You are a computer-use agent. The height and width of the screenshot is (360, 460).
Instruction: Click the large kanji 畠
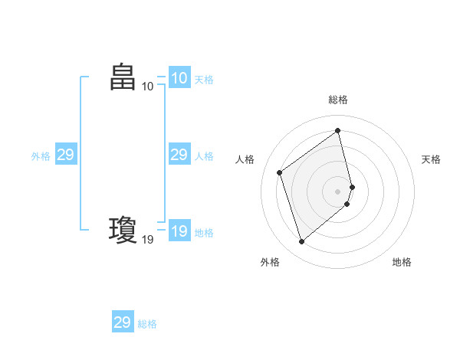point(123,77)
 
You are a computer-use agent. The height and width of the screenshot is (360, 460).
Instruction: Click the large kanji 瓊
point(123,229)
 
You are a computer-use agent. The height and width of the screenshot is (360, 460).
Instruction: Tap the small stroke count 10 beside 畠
point(147,87)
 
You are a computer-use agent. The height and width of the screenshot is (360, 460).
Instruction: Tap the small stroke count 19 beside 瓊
point(147,239)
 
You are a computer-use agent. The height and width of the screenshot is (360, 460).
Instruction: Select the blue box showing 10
point(179,78)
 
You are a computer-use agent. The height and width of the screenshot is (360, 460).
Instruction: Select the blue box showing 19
point(179,231)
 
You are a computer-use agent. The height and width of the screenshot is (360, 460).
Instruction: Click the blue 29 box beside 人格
point(179,155)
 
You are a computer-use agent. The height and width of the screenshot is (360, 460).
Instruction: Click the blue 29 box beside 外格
point(66,155)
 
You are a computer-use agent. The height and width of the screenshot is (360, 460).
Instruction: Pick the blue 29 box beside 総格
point(123,322)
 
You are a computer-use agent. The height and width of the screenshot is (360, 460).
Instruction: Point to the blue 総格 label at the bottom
point(147,324)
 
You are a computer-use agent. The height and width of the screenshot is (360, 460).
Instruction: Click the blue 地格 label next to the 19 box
point(204,233)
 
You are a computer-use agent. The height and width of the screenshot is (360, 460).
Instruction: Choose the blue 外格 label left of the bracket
point(41,156)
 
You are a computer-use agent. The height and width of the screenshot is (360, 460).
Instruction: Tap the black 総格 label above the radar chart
point(338,100)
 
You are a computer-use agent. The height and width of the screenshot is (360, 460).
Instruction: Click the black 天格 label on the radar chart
point(431,159)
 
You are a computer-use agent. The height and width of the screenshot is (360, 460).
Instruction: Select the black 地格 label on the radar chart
point(402,263)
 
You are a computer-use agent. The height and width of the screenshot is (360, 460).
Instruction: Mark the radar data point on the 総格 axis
point(338,130)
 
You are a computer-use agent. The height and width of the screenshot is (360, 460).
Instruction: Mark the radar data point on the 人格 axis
point(280,172)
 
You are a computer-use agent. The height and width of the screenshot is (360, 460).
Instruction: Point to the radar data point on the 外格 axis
point(302,242)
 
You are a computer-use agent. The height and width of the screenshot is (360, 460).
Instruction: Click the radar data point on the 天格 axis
point(352,186)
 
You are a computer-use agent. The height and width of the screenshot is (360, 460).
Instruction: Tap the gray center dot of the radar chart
point(338,191)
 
